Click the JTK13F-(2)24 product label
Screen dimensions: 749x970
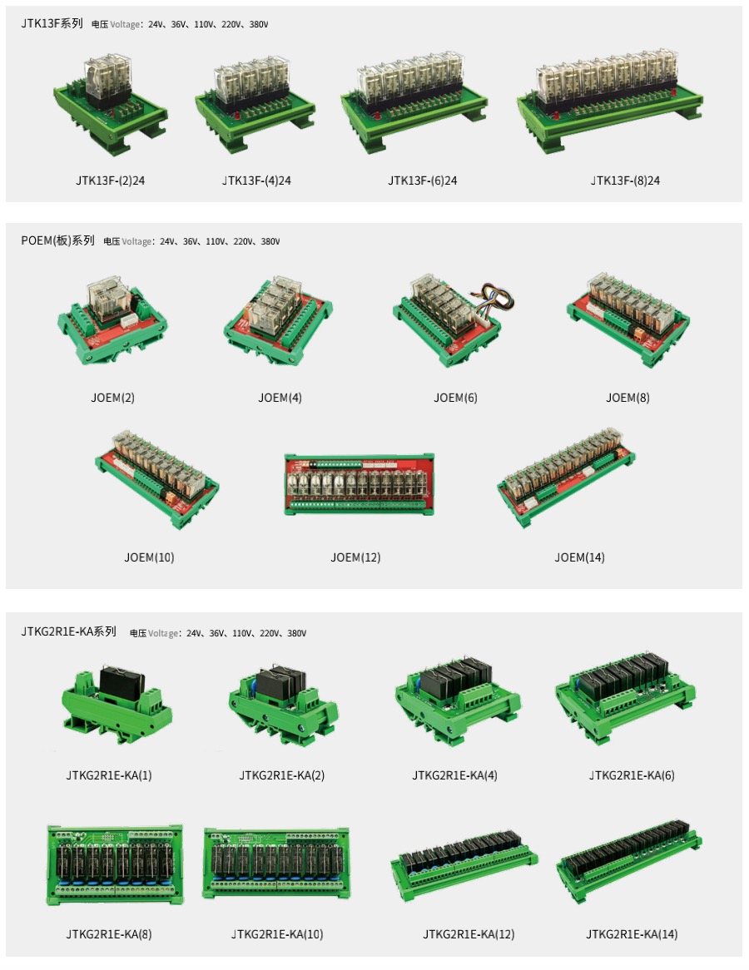point(110,181)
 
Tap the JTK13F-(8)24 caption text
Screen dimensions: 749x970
point(625,181)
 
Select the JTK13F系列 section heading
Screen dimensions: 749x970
point(52,23)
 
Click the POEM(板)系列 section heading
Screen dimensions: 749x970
point(57,240)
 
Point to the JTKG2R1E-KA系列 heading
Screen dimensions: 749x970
point(69,631)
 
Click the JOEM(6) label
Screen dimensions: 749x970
point(455,398)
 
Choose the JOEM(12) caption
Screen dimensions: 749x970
point(355,557)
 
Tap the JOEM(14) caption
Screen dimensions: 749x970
point(579,557)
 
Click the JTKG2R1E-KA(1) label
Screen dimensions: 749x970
point(109,775)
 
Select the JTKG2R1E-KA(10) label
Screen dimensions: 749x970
point(277,934)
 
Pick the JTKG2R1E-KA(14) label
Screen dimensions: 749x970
point(632,934)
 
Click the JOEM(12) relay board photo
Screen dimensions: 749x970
point(359,485)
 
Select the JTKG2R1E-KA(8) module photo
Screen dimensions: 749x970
point(115,865)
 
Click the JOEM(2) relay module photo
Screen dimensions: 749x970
point(112,320)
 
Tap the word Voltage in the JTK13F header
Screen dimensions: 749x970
point(125,24)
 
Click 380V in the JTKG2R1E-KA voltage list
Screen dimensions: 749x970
point(296,633)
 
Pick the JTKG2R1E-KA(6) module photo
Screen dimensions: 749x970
point(625,697)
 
